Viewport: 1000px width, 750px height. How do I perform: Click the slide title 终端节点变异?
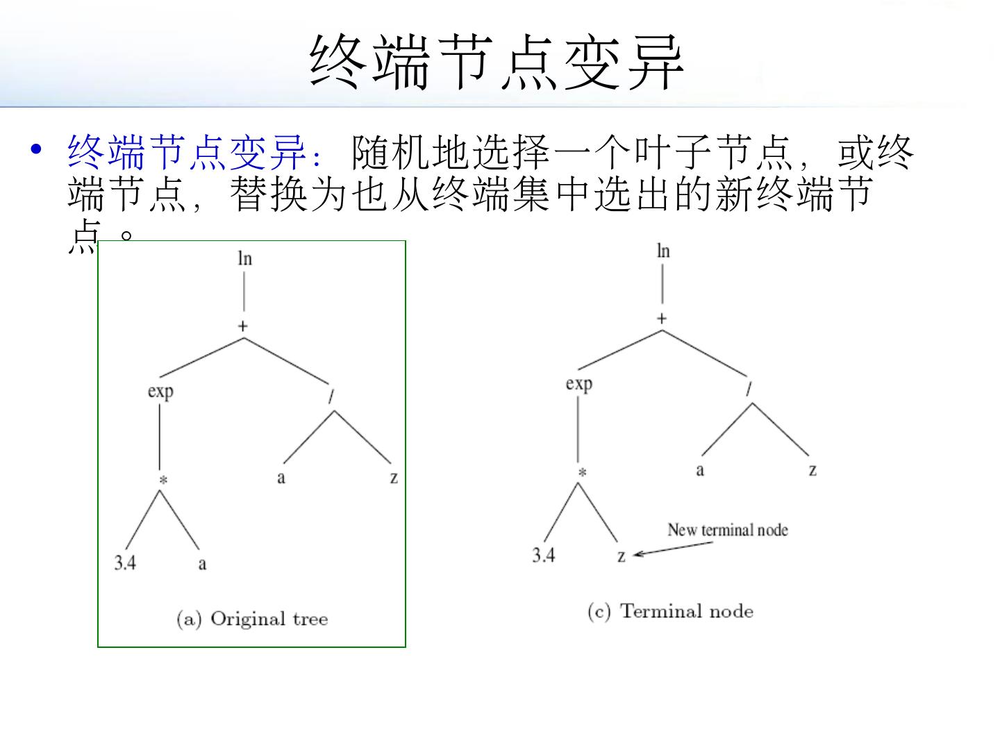tap(497, 62)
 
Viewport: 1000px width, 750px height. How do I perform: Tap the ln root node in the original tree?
tap(244, 259)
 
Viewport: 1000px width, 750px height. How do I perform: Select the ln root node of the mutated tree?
tap(663, 251)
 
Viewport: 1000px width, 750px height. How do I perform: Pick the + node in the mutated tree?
tap(662, 319)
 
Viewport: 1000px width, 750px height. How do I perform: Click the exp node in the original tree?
tap(160, 392)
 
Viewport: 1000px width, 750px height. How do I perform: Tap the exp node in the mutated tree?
tap(578, 384)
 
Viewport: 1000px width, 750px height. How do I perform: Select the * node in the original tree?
tap(162, 481)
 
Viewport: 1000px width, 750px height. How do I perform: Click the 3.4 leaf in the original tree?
tap(125, 562)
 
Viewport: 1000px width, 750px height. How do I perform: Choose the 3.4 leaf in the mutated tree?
tap(544, 555)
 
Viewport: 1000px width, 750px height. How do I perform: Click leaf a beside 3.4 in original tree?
tap(202, 563)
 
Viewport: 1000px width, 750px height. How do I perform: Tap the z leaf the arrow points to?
tap(622, 556)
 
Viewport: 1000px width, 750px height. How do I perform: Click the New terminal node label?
tap(728, 531)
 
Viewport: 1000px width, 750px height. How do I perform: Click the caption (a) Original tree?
tap(252, 619)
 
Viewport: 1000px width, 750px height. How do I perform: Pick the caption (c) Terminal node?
tap(670, 611)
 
